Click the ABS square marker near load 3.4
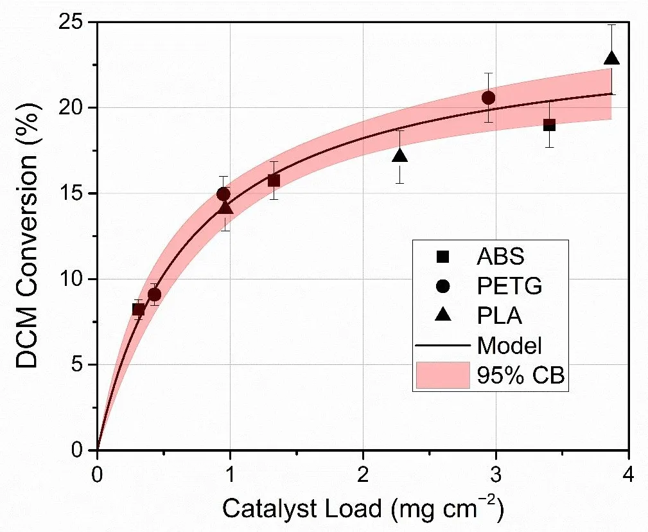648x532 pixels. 549,125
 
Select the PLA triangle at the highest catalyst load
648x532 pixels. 612,58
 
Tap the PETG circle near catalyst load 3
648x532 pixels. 488,98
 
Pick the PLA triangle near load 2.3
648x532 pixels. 399,155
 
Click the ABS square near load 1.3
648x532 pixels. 274,181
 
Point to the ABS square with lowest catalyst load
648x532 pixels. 138,309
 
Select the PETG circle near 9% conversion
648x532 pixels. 154,295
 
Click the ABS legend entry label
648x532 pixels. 500,256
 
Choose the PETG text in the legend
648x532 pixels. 510,287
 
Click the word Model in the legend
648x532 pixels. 511,346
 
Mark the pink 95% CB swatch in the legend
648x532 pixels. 443,375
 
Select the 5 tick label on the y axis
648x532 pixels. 82,365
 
